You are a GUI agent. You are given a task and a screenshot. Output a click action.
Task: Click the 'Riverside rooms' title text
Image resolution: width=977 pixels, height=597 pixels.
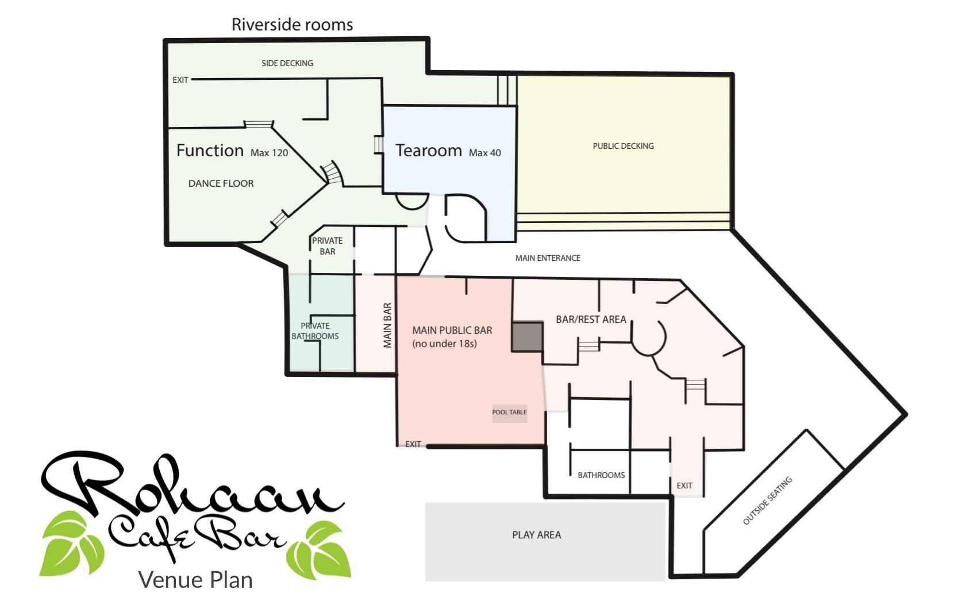[292, 25]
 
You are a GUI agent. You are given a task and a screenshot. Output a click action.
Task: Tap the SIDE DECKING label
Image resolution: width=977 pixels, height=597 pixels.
[287, 63]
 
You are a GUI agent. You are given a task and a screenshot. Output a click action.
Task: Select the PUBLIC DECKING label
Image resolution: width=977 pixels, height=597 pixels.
[624, 146]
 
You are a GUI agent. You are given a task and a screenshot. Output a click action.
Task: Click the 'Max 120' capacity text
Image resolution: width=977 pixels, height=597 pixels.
[269, 153]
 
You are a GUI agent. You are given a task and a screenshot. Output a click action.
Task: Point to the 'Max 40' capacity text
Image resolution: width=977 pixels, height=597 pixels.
[485, 153]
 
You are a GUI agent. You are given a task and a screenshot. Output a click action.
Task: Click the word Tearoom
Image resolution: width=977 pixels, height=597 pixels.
[429, 151]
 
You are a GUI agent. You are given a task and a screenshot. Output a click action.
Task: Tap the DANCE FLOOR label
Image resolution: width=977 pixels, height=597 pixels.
[221, 184]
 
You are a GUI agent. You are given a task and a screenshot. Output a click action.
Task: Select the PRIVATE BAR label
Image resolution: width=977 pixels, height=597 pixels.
[328, 246]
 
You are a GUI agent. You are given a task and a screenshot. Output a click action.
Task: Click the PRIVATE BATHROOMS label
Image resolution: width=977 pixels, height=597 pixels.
[315, 331]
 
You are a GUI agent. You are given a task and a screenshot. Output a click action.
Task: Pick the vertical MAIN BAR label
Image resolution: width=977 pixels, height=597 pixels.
[387, 325]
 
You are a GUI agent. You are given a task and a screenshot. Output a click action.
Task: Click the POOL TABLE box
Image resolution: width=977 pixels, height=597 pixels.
[509, 413]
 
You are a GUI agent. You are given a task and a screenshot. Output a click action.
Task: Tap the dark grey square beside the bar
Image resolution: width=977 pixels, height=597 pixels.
[528, 337]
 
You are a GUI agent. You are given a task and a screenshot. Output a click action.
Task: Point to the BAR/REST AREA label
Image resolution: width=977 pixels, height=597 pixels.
[591, 319]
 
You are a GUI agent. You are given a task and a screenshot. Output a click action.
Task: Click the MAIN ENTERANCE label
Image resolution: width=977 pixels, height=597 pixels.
[548, 258]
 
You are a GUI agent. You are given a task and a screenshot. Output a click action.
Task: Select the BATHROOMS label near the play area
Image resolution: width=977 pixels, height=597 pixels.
[601, 475]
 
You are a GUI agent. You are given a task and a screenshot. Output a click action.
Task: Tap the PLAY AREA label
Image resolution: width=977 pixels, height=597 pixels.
[536, 535]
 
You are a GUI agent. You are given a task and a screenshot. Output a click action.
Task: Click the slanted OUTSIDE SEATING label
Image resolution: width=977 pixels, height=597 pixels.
[767, 500]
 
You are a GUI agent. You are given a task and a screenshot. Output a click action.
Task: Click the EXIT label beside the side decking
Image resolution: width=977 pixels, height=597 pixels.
[180, 80]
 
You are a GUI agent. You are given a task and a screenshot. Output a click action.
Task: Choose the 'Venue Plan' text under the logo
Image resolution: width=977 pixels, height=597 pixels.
[195, 580]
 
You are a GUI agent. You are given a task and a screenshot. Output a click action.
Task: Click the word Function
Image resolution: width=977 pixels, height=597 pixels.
[210, 151]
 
